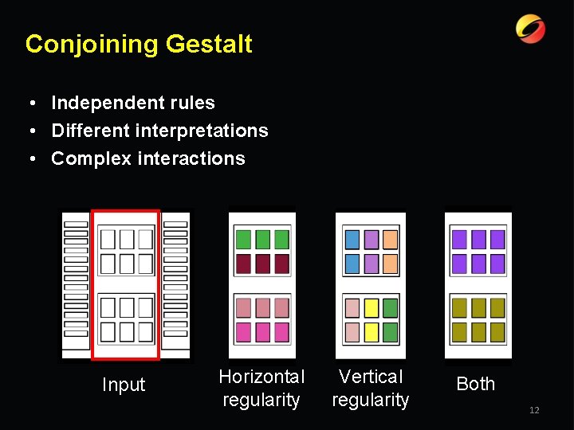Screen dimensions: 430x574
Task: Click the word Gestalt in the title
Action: tap(209, 44)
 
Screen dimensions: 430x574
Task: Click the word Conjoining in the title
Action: tap(92, 44)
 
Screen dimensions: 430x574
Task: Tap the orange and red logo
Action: tap(530, 29)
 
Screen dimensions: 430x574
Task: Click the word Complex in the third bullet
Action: tap(91, 158)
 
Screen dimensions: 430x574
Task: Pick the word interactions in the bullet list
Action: tap(191, 158)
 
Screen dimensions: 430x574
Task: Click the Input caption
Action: tap(124, 385)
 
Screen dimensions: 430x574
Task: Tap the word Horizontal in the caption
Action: tap(261, 377)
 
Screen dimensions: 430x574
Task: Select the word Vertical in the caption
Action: tap(371, 377)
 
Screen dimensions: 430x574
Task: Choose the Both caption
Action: tap(476, 384)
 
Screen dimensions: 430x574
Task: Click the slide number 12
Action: tap(534, 410)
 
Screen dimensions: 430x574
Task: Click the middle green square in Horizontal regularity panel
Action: tap(262, 239)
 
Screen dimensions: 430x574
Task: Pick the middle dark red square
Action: tap(262, 264)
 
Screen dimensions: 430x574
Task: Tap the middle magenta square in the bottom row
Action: tap(262, 332)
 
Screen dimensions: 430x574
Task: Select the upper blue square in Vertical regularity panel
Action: tap(352, 239)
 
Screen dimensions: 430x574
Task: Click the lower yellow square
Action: tap(372, 331)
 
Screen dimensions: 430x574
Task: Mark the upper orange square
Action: tap(390, 239)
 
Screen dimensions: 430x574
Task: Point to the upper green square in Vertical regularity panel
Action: tap(390, 307)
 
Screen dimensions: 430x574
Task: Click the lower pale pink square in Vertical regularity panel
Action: tap(352, 331)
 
